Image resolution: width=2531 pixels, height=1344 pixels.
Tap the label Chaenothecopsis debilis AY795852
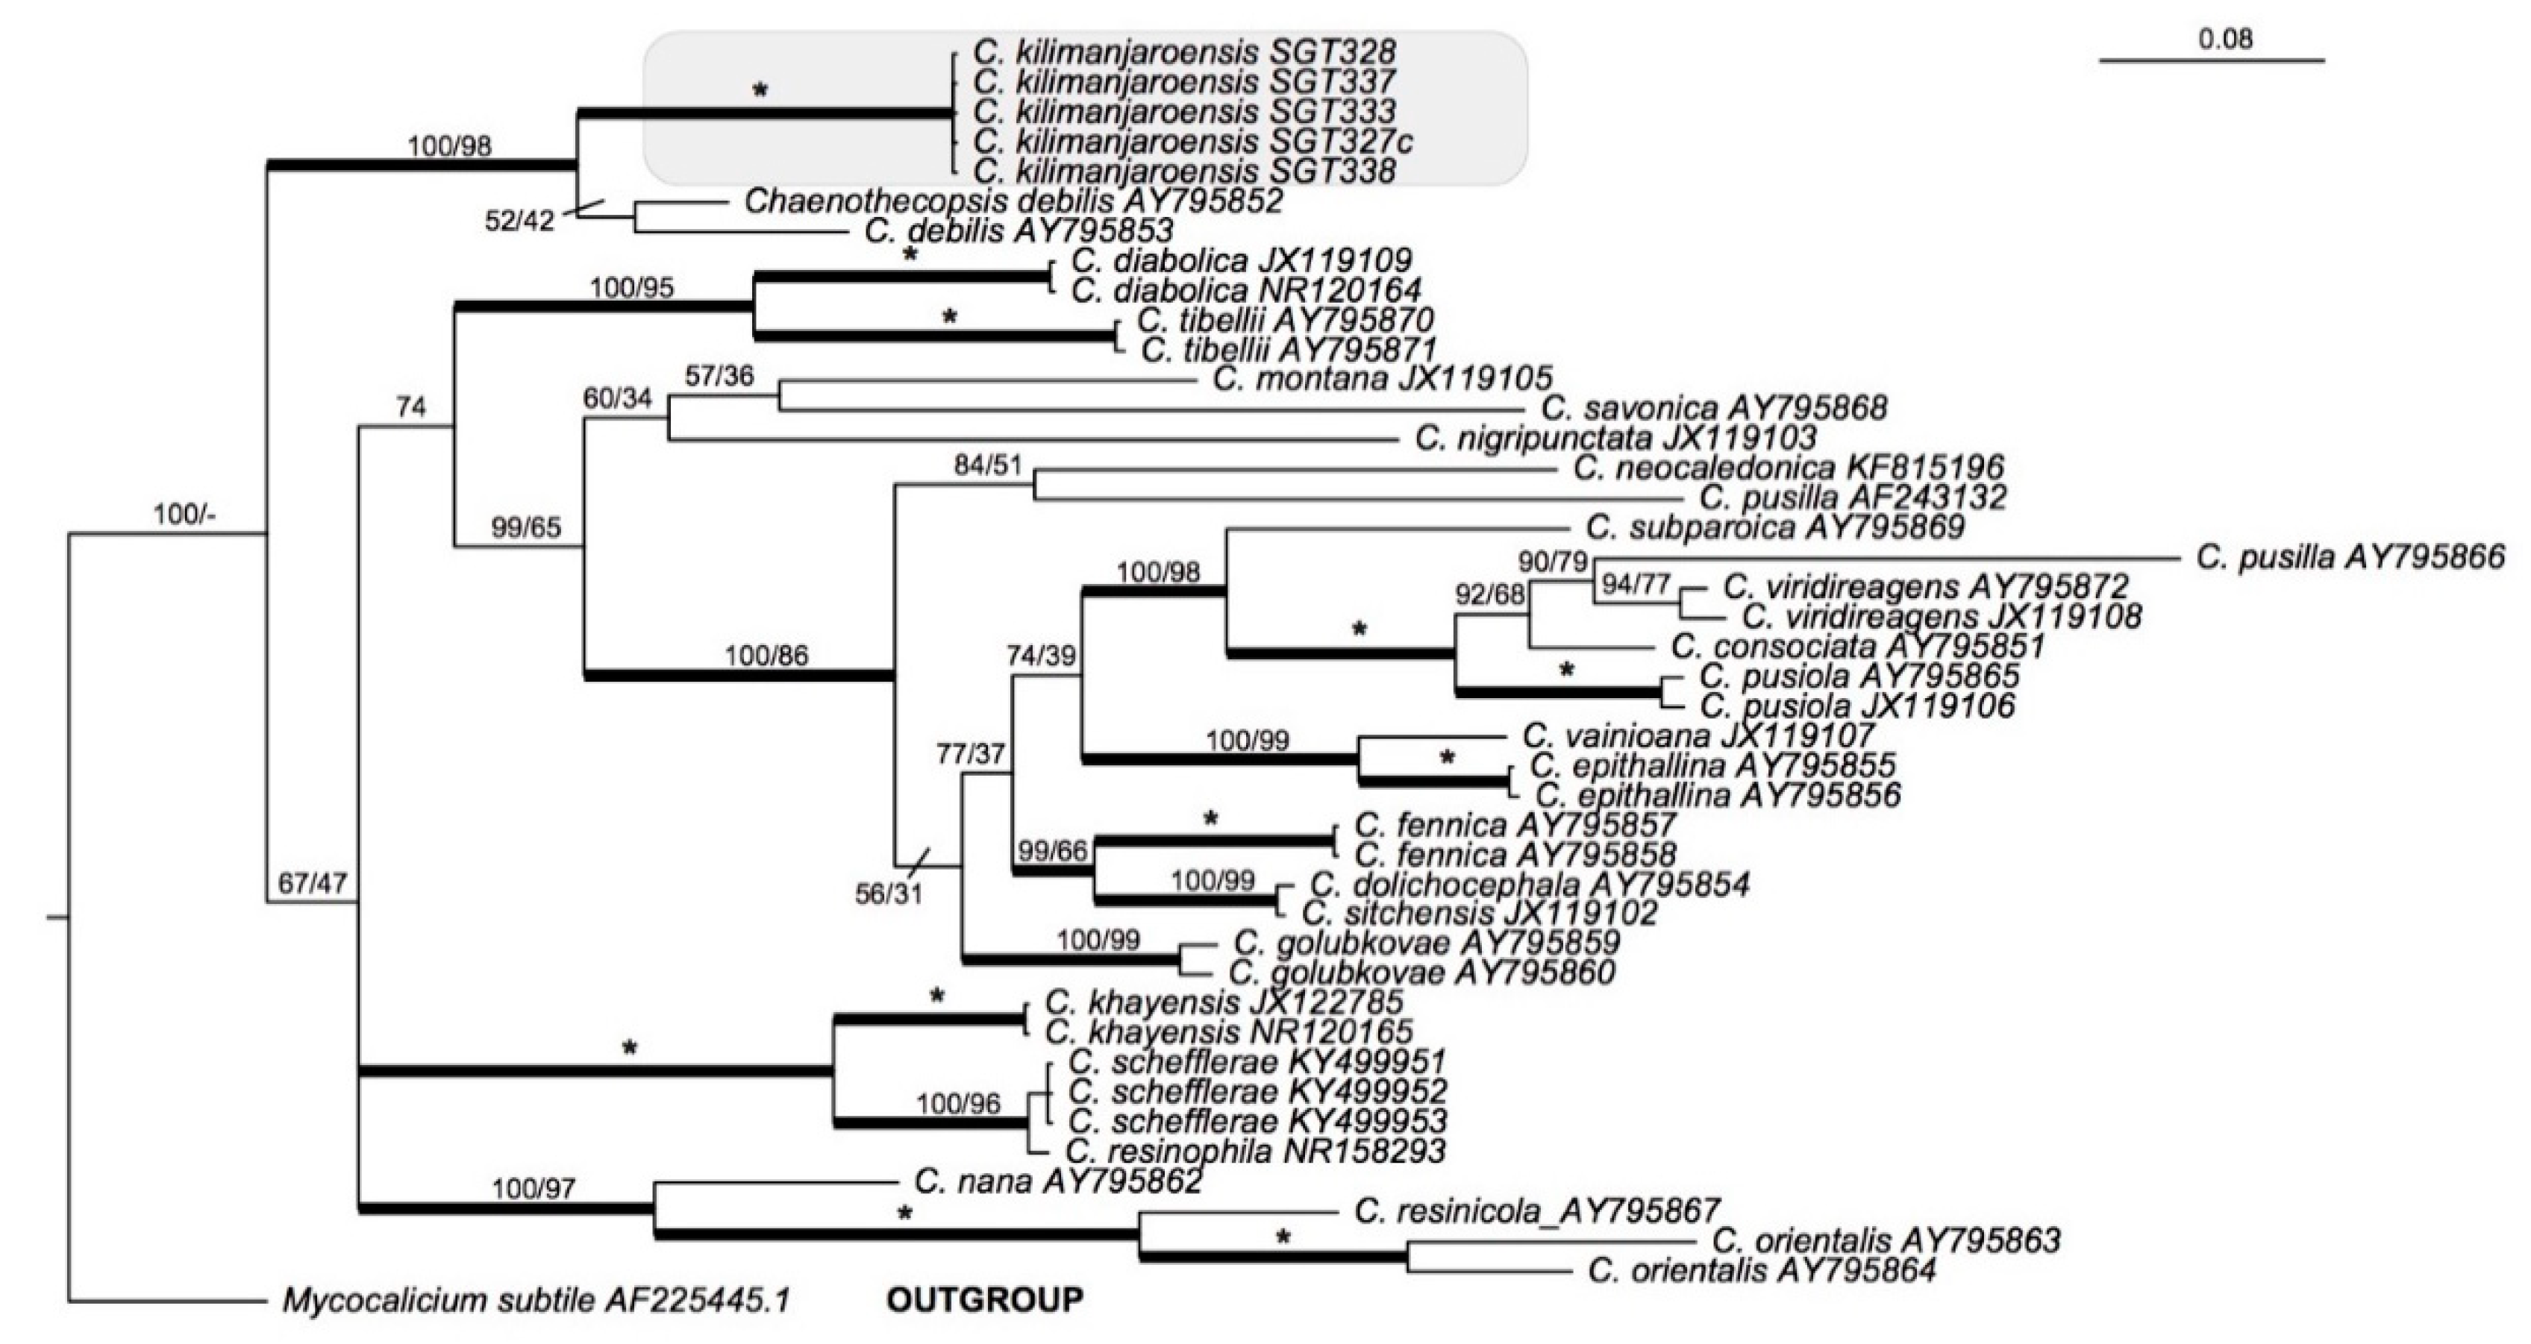1013,201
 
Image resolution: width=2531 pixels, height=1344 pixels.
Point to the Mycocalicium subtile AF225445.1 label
536,1301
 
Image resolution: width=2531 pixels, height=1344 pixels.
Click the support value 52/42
519,222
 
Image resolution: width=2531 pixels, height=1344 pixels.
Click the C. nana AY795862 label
1058,1181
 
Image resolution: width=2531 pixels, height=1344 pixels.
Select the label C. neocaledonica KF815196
1789,468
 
